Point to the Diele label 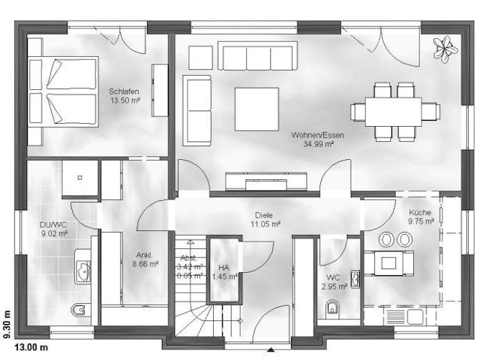tap(265, 214)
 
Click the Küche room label tap(420, 212)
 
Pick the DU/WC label tap(52, 223)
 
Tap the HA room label tap(223, 268)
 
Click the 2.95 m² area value tap(334, 286)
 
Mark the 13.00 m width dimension tap(34, 347)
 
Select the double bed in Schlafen tap(63, 92)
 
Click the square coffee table tap(256, 109)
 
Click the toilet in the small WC tap(332, 308)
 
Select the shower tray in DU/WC tap(79, 178)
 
